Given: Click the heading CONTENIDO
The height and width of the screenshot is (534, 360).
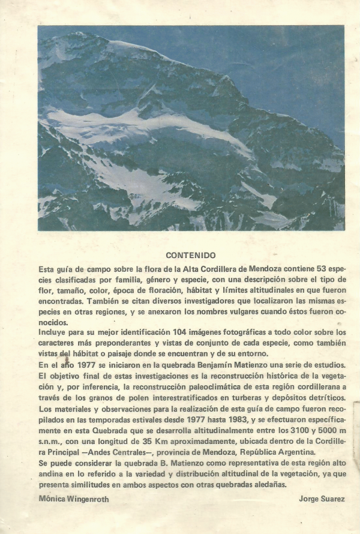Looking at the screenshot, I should pos(191,254).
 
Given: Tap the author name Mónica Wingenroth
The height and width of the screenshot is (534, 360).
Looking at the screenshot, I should pos(73,499).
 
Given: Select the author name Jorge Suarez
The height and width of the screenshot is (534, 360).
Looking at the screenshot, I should pos(322,499).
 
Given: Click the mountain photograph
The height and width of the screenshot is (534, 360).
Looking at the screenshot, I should pos(191,127).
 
